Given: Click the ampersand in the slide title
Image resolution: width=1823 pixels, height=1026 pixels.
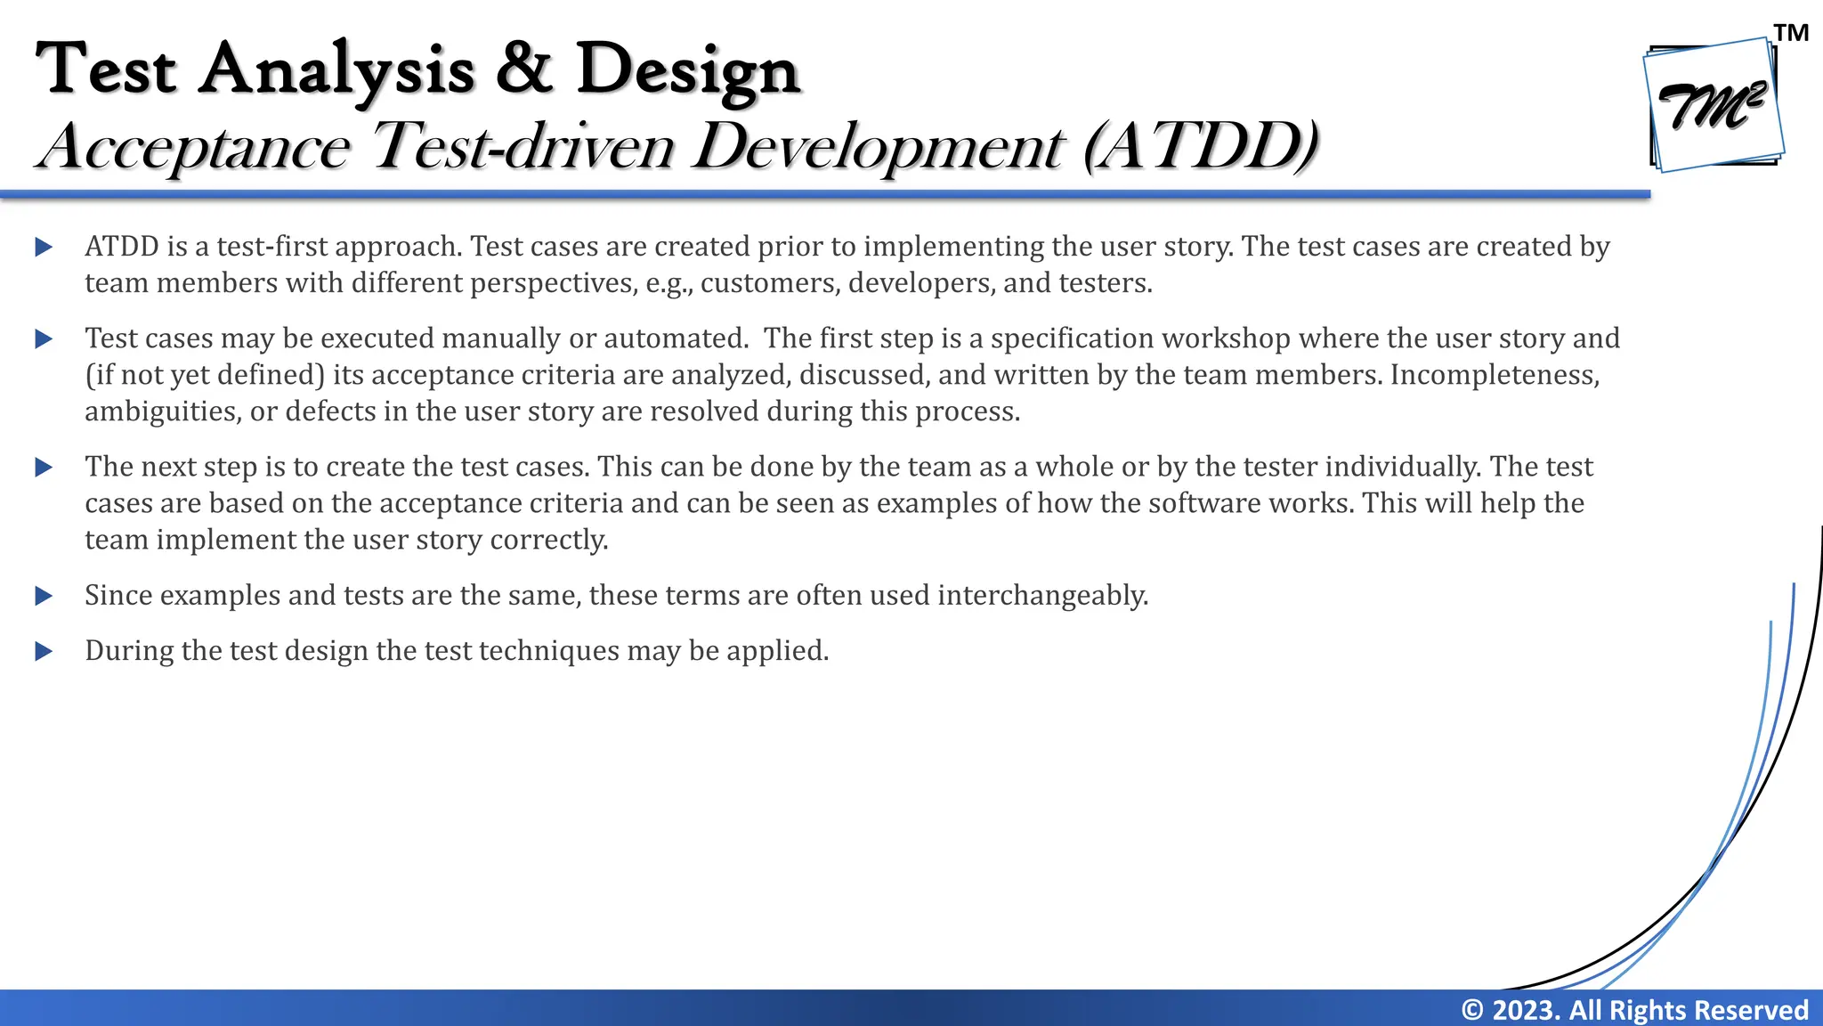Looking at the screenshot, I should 524,69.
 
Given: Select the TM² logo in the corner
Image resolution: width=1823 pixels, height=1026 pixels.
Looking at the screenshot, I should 1713,106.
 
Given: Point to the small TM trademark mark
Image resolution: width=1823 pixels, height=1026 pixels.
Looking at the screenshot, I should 1791,33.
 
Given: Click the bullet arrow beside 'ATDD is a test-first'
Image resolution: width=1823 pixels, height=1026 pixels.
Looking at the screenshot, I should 44,248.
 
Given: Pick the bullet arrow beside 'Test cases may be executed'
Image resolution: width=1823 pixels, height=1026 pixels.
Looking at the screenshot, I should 44,339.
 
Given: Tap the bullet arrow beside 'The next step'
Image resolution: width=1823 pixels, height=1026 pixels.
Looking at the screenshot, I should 44,468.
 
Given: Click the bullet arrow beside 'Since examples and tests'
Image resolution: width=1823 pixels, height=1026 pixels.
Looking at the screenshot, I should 44,596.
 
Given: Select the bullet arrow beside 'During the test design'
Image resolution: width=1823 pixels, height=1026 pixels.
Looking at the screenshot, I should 44,652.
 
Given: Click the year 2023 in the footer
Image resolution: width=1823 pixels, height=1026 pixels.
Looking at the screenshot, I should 1525,1010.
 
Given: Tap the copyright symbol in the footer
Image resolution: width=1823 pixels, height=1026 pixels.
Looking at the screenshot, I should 1472,1010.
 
